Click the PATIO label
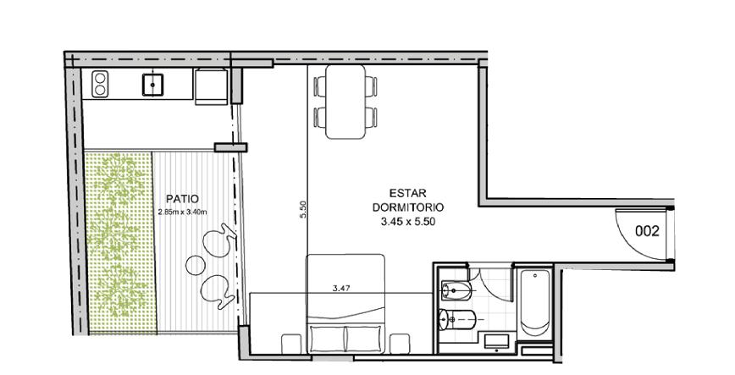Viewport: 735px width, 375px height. coord(183,199)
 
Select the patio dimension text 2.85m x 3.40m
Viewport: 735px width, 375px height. coord(183,212)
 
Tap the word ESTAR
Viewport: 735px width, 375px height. coord(408,193)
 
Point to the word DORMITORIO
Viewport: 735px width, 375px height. coord(408,207)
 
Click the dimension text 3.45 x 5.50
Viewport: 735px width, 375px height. coord(408,223)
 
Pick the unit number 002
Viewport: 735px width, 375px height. coord(647,231)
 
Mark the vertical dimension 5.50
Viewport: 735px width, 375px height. coord(303,210)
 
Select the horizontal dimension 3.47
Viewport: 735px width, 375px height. coord(341,289)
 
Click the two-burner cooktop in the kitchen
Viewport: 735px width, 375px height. coord(100,84)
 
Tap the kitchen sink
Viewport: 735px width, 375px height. coord(152,85)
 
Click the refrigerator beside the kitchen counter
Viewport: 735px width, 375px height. coord(212,86)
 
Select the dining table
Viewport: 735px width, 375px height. coord(345,102)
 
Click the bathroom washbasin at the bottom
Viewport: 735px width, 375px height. coord(496,341)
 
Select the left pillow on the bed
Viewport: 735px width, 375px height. coord(327,339)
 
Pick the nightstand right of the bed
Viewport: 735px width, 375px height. coord(400,344)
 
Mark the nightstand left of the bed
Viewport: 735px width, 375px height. coord(291,344)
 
